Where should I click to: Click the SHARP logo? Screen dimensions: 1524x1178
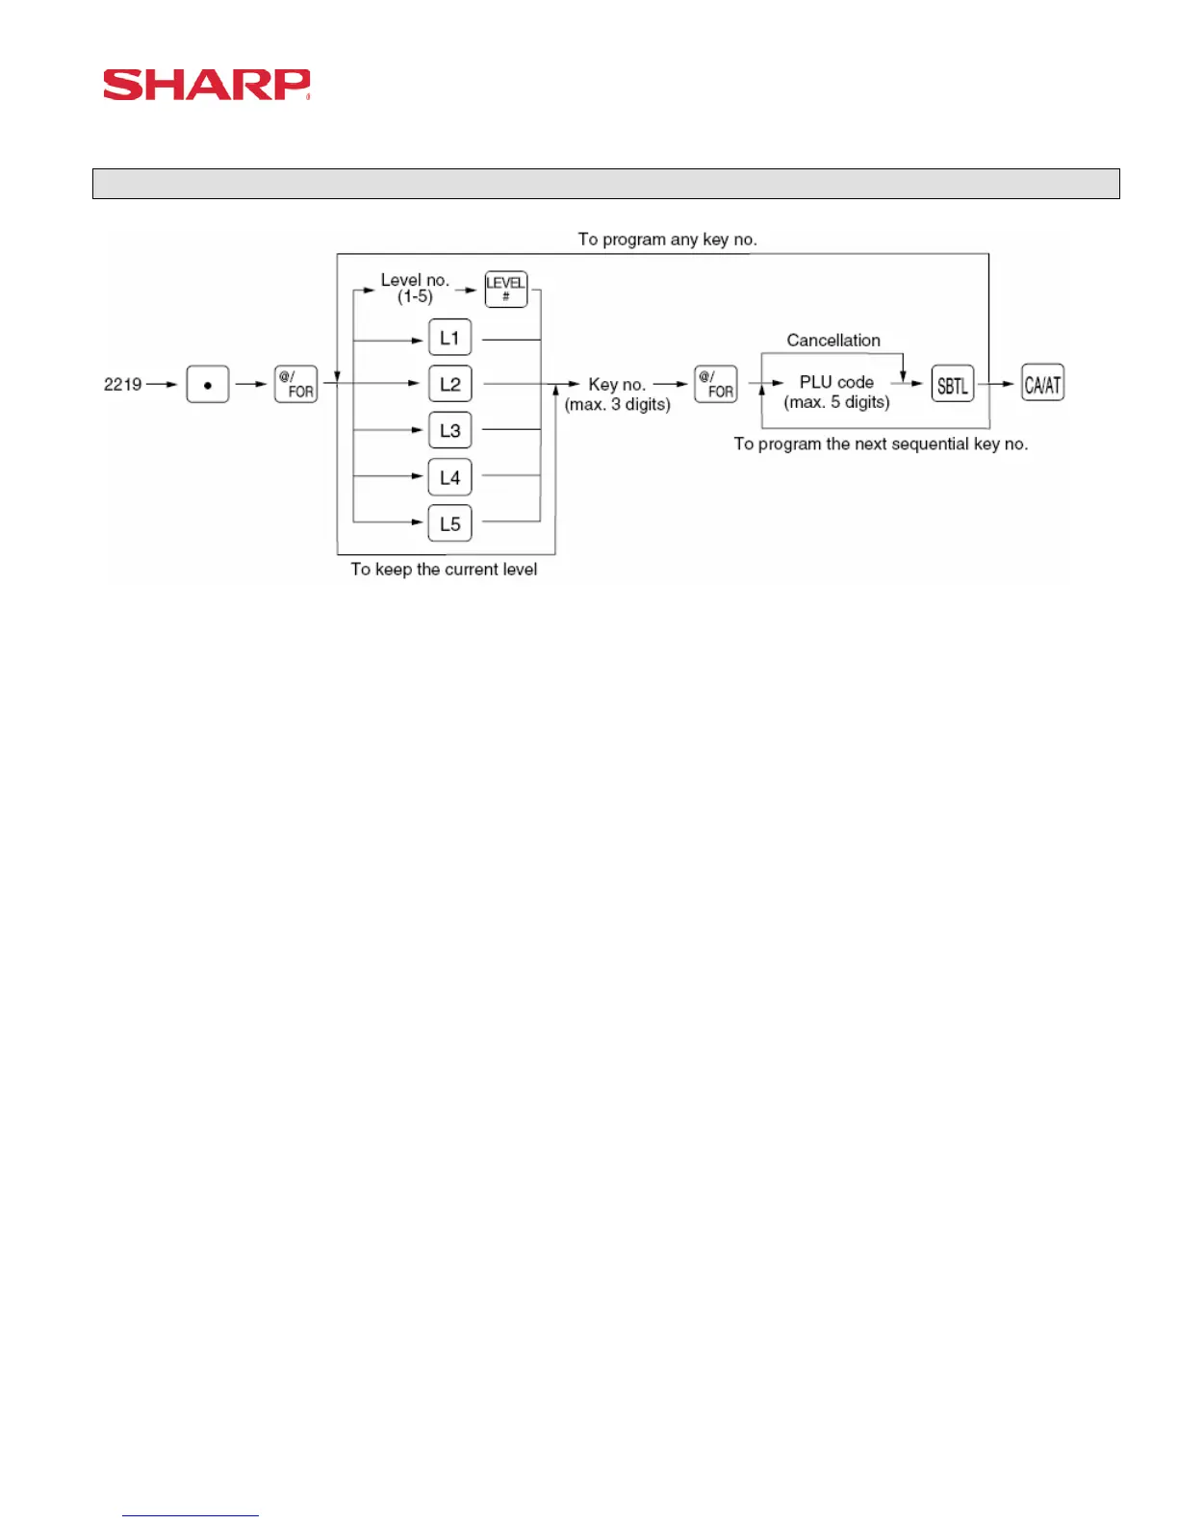(x=207, y=85)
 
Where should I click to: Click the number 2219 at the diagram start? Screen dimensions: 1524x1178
(x=122, y=384)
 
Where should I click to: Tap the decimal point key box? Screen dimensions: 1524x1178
(x=208, y=384)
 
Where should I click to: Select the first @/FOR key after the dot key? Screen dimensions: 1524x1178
(x=295, y=384)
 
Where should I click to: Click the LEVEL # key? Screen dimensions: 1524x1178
(x=505, y=289)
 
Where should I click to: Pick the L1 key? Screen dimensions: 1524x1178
(x=449, y=338)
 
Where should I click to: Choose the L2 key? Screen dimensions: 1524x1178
(x=449, y=384)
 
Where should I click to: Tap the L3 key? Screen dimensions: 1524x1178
(x=449, y=430)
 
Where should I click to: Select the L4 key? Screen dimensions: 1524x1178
(x=449, y=477)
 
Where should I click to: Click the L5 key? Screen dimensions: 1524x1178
(x=449, y=523)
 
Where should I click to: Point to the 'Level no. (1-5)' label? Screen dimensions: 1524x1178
(x=415, y=288)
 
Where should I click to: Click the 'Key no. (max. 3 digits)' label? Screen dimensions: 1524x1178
(x=617, y=394)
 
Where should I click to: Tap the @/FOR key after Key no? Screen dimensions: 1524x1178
(x=715, y=384)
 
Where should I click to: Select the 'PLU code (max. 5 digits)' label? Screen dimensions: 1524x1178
(x=836, y=392)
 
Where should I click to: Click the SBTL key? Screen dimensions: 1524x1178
(x=952, y=384)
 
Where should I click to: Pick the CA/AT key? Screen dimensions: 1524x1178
(x=1042, y=384)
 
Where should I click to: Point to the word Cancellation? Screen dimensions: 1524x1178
(x=833, y=340)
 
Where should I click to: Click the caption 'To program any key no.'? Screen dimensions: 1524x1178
(x=667, y=240)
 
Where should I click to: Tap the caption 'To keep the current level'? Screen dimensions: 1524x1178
(x=444, y=569)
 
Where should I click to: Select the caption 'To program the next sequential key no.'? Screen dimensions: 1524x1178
(x=881, y=444)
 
